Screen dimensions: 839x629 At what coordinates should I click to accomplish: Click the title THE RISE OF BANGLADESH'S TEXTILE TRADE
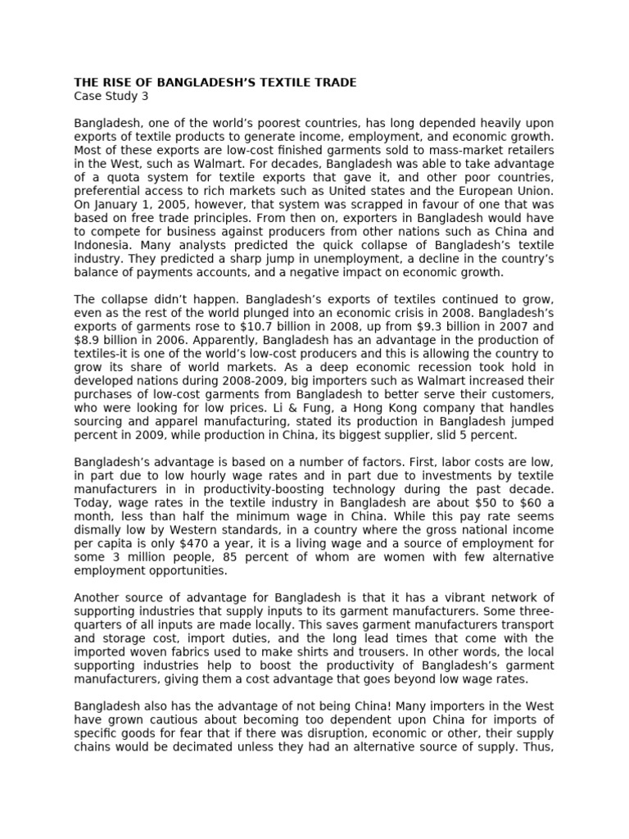[215, 83]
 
